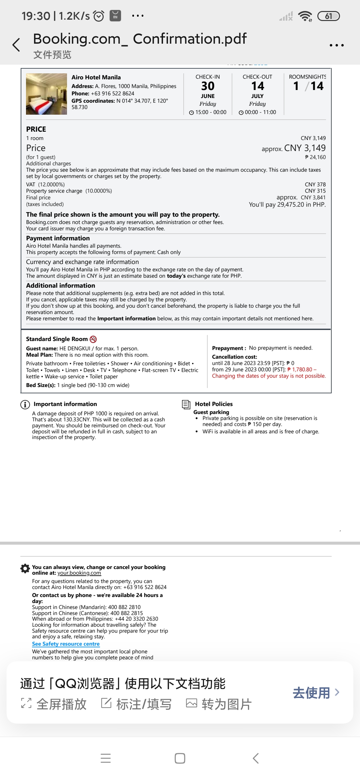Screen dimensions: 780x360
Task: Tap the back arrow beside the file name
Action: coord(16,45)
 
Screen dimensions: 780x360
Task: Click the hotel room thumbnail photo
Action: coord(46,94)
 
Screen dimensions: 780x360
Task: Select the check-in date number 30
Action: coord(208,86)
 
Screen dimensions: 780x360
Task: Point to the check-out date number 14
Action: coord(257,86)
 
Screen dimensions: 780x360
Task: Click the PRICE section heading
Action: coord(36,129)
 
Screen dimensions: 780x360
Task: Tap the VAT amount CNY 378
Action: coord(315,184)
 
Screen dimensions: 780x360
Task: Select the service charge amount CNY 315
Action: coord(315,191)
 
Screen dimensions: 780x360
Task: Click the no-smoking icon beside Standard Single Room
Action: coord(93,339)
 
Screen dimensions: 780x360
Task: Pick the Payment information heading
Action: coord(58,238)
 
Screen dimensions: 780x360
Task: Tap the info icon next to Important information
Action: coord(25,404)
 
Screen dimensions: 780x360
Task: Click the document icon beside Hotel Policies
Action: coord(186,404)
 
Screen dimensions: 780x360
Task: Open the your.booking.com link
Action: coord(79,573)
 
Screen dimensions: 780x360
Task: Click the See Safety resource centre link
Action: coord(66,644)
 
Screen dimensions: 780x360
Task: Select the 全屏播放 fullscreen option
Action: coord(54,704)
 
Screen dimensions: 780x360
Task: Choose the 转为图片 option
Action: coord(219,704)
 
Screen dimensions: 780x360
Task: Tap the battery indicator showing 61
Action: coord(328,16)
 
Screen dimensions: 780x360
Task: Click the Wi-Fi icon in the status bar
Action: coord(305,16)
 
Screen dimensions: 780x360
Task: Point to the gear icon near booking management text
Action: coord(25,569)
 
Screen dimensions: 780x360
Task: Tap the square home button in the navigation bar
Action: coord(180,758)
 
